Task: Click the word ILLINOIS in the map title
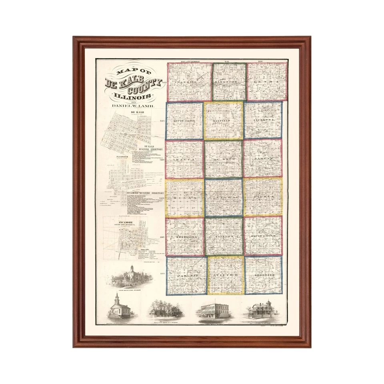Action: coord(133,96)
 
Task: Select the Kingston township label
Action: coord(228,82)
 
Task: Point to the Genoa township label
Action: coord(267,82)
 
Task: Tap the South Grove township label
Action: coord(184,120)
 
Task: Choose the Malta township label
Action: coord(184,159)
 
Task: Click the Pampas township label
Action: coord(262,158)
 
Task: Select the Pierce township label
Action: coord(263,197)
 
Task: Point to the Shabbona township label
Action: coord(185,237)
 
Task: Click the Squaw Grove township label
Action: coord(263,236)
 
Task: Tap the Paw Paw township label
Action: coord(186,276)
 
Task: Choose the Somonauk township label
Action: coord(263,276)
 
